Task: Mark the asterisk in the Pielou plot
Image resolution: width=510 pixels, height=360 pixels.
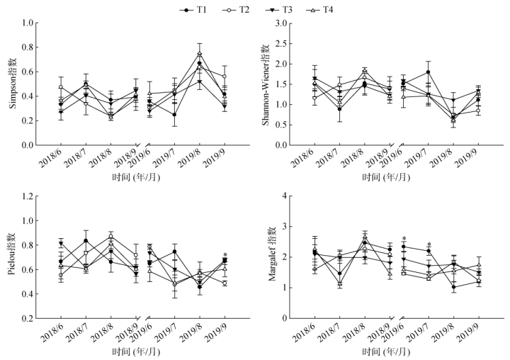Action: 225,255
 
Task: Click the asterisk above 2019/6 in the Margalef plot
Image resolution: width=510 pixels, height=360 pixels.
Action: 404,240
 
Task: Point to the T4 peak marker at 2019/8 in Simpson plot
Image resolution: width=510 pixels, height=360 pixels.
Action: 200,54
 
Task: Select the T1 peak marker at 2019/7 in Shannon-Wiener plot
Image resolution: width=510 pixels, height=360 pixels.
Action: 429,72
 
